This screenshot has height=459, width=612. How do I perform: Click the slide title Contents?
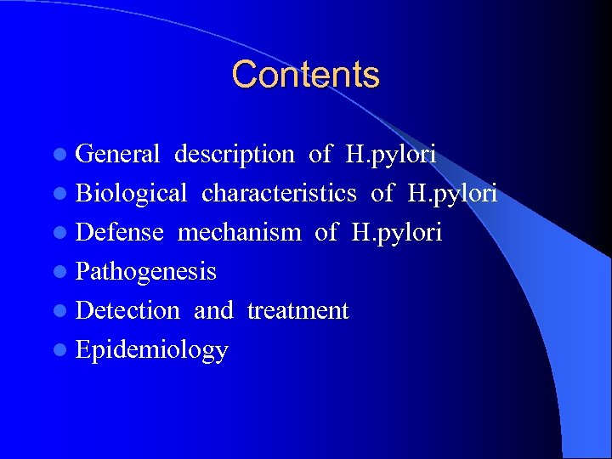pos(305,75)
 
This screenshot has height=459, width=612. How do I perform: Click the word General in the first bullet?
pos(117,154)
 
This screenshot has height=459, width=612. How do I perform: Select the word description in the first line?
pos(234,154)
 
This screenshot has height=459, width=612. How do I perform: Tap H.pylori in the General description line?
pos(391,155)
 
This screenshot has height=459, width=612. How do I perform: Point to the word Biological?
pos(131,193)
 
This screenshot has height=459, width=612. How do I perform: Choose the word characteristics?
pos(279,193)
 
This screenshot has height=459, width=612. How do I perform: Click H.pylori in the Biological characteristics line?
pos(453,194)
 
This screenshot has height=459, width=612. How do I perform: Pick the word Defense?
pos(119,232)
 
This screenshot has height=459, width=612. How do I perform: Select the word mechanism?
pos(239,232)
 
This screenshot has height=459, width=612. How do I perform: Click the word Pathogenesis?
pos(145,272)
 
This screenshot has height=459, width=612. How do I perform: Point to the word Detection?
pos(127,310)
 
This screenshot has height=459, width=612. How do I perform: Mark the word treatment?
pos(297,311)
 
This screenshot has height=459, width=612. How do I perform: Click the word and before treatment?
pos(213,310)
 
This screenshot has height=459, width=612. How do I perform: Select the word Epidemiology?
pos(151,350)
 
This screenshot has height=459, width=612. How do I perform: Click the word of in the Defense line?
pos(326,232)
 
